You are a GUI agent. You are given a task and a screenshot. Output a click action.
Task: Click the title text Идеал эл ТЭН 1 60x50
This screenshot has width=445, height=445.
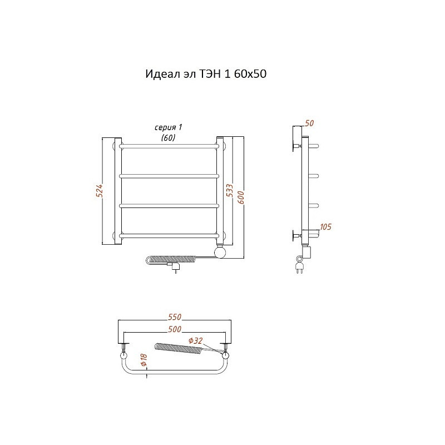[206, 74]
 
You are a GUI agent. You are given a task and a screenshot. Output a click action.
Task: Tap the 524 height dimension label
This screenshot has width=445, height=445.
[99, 190]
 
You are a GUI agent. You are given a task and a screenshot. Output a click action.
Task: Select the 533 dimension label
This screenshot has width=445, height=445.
[229, 190]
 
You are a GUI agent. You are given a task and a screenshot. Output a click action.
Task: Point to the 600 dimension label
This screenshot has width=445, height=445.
[241, 197]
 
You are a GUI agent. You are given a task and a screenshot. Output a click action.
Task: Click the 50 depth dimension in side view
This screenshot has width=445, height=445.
[309, 123]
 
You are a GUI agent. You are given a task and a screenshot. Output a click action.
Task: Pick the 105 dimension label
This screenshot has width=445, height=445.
[325, 227]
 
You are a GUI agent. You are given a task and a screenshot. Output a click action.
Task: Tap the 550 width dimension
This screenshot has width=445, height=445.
[175, 317]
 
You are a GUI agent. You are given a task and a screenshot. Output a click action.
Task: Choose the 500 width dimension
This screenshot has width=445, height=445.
[175, 329]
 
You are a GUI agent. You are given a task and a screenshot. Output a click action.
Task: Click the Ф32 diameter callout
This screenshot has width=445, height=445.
[196, 340]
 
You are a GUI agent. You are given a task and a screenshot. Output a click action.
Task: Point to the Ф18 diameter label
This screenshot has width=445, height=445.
[144, 359]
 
